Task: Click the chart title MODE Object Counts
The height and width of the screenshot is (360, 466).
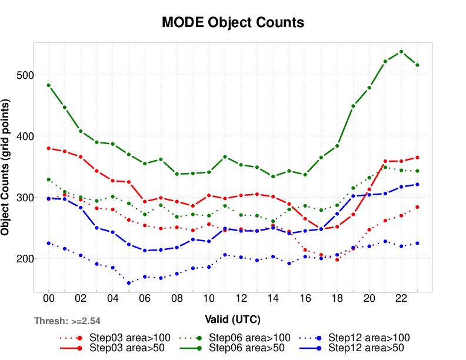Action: point(233,23)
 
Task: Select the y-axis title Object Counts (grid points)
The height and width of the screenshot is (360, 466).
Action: point(5,168)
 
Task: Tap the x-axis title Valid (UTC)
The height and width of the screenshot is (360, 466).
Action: point(233,319)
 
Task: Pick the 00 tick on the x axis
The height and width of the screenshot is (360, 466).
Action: point(49,298)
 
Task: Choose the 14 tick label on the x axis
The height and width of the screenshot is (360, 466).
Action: point(272,298)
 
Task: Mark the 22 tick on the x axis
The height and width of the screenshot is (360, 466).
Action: point(401,298)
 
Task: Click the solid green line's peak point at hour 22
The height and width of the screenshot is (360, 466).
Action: point(401,52)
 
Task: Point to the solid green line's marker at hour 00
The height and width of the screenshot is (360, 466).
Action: point(49,85)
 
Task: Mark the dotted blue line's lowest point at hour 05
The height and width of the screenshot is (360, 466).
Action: point(129,283)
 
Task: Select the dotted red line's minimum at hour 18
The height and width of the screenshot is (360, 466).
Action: point(337,259)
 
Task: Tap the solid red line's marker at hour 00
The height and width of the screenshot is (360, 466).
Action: point(49,148)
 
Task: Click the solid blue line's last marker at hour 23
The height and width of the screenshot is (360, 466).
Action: point(417,184)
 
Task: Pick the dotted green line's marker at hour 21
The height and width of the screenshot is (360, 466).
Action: point(385,167)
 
